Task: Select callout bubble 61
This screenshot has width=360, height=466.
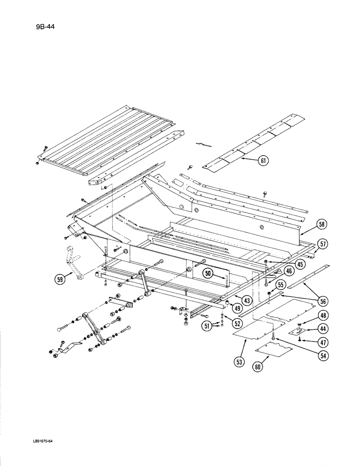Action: (264, 162)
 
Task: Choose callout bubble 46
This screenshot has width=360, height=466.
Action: (290, 270)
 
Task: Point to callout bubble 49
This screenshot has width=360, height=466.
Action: (238, 308)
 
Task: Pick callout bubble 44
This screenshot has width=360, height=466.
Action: (321, 329)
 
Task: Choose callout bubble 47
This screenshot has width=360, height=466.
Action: (321, 342)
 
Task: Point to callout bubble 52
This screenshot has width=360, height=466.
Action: (238, 323)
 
